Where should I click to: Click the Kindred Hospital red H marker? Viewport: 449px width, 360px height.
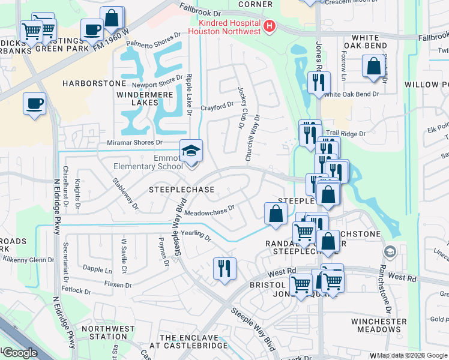point(270,26)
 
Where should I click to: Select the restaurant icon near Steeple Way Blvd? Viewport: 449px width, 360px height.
point(224,268)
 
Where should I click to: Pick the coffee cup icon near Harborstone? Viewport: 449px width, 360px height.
point(34,103)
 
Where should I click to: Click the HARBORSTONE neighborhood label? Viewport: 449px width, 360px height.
point(94,83)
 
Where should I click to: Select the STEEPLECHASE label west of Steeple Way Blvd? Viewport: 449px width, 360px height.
point(181,190)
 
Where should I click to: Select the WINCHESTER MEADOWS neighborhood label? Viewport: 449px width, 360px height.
point(379,325)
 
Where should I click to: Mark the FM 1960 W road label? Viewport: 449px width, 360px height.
point(110,40)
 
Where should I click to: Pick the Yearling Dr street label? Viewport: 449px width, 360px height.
point(197,236)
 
